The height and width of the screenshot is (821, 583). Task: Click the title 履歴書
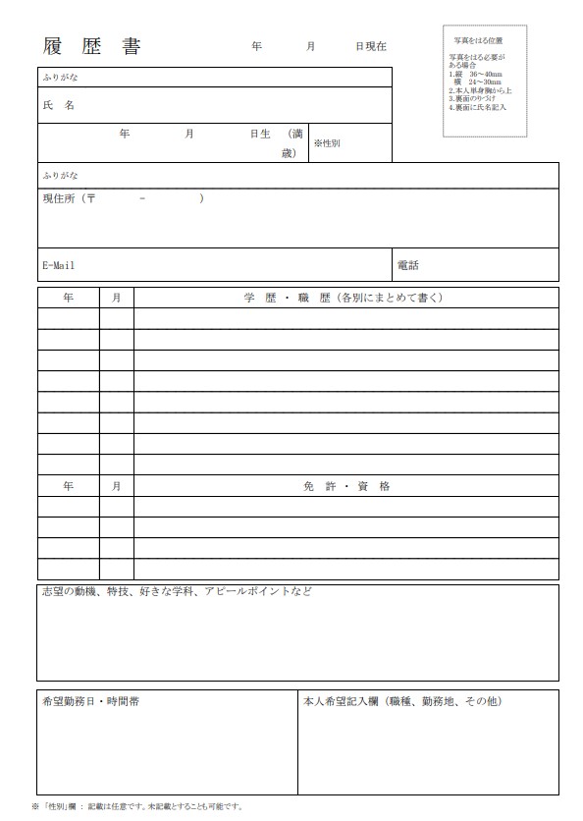click(x=91, y=47)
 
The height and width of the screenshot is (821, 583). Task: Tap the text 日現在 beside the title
click(x=371, y=47)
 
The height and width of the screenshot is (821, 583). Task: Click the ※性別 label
click(x=327, y=143)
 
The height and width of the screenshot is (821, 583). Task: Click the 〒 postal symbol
click(x=91, y=198)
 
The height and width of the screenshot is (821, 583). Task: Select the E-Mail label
click(x=59, y=265)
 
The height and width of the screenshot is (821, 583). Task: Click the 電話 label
click(x=408, y=265)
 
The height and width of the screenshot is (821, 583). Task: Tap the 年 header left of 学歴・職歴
click(x=68, y=297)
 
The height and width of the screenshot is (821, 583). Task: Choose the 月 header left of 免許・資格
click(x=116, y=486)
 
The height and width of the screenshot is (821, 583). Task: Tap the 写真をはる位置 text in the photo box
click(x=478, y=40)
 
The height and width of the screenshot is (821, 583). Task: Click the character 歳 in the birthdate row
click(x=288, y=153)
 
